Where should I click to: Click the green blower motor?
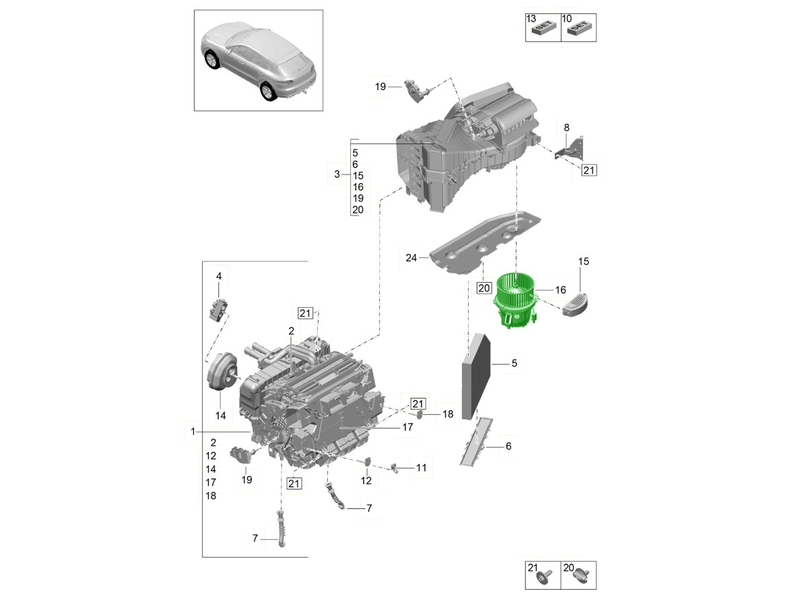tap(516, 300)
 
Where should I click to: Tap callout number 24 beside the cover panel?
tap(411, 257)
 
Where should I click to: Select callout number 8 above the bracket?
tap(566, 127)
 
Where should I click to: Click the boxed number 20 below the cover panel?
tap(484, 288)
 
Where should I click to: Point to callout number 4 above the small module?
tap(218, 276)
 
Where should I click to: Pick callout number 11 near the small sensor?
tap(421, 467)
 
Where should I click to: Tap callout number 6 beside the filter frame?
tap(508, 446)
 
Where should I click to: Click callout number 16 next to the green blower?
tap(560, 290)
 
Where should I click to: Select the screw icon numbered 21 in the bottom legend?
tap(545, 577)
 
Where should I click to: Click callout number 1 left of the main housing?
tap(193, 431)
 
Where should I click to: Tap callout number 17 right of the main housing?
tap(407, 427)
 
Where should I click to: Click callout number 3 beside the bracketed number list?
tap(337, 174)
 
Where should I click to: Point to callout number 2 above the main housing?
tap(292, 331)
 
